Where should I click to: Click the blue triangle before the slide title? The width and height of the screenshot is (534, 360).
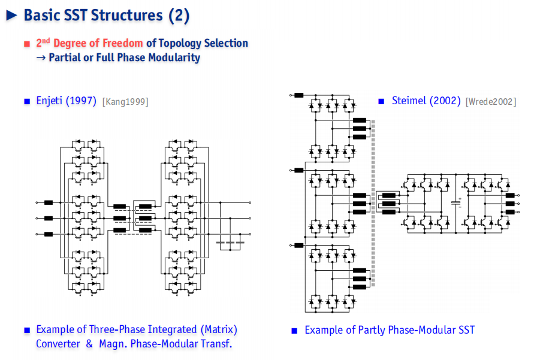[11, 16]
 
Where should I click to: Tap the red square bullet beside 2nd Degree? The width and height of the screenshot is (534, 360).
[27, 44]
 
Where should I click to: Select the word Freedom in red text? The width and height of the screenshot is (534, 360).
[123, 43]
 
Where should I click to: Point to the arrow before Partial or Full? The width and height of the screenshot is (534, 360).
[41, 58]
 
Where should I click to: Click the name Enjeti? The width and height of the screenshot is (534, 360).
[49, 101]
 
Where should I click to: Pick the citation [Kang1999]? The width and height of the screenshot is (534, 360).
[125, 102]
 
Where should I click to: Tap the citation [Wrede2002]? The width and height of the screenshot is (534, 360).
[491, 102]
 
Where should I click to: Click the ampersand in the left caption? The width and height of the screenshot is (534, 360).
[89, 344]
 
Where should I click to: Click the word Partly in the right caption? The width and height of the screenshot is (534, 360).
[372, 330]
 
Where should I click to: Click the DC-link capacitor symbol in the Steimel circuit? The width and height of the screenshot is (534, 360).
[456, 203]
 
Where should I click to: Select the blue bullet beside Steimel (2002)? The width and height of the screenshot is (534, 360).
[381, 101]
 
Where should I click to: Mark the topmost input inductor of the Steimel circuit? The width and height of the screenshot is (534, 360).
[298, 95]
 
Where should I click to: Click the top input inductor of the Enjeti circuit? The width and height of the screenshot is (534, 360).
[49, 202]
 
